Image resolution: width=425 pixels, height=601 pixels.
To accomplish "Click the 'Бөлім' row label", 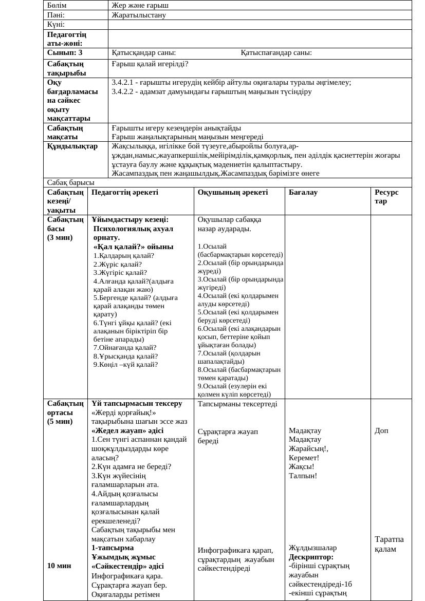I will (57, 5).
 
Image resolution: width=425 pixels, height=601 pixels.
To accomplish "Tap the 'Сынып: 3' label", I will (65, 52).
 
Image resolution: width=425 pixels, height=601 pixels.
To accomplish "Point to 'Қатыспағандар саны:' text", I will (276, 52).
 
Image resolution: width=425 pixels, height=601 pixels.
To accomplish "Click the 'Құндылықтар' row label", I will (72, 146).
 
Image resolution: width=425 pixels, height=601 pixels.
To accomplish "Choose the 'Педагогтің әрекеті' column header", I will (125, 192).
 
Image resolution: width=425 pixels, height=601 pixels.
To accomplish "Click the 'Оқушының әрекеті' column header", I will (233, 192).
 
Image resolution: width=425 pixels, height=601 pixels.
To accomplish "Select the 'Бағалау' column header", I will (303, 192).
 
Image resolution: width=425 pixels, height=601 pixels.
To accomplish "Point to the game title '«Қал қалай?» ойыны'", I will (133, 247).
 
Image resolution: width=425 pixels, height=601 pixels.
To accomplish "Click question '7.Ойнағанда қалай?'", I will (125, 347).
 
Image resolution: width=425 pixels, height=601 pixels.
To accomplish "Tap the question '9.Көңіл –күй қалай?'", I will (125, 364).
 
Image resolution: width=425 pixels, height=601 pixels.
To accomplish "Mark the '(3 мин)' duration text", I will (60, 237).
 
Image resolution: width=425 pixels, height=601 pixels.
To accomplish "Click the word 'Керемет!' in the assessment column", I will (304, 458).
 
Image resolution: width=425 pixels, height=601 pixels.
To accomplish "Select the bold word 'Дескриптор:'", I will (311, 557).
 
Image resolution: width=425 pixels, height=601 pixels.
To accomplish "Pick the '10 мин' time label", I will (59, 566).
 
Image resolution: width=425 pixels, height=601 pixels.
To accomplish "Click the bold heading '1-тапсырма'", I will (113, 548).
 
